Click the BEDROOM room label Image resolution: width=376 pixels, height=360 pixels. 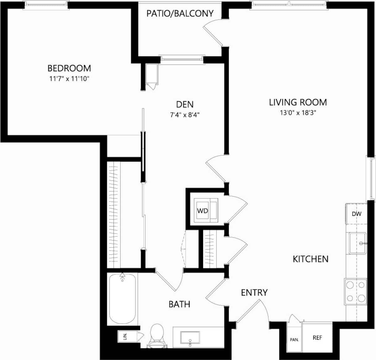click(69, 68)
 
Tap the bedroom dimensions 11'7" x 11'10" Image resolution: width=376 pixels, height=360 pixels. click(69, 78)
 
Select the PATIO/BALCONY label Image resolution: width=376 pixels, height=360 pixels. click(180, 13)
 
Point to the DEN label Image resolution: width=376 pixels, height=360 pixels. click(185, 104)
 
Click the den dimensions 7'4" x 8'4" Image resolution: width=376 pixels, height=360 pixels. click(185, 115)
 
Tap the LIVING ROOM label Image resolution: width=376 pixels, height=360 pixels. click(298, 102)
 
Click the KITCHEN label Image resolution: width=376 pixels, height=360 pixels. click(311, 259)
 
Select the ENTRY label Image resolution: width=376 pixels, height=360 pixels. click(254, 293)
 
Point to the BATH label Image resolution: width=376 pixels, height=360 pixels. click(179, 304)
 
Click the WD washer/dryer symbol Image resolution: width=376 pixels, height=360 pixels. click(203, 211)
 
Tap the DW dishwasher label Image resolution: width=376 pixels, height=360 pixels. click(357, 214)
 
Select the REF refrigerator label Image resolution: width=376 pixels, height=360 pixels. click(317, 338)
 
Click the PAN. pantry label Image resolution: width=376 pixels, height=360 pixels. click(294, 340)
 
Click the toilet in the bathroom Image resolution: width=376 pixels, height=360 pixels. click(157, 336)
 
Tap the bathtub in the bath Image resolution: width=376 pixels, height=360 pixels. click(122, 299)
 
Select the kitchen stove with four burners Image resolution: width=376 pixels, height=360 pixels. click(355, 291)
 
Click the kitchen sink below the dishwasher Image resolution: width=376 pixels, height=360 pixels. click(358, 243)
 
